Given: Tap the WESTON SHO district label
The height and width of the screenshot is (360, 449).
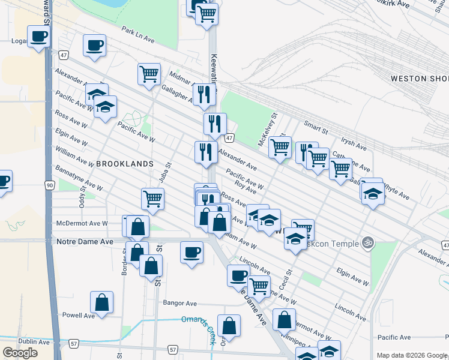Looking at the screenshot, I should (419, 79).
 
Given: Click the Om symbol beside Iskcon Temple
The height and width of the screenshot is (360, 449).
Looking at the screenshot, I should (368, 243).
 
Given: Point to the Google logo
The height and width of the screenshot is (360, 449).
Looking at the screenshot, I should (20, 353).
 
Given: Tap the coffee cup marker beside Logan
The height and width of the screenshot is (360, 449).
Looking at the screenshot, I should (38, 37).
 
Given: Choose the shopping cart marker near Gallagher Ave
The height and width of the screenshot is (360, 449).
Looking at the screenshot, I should (149, 74).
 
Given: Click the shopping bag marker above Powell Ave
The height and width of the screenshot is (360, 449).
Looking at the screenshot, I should (101, 302).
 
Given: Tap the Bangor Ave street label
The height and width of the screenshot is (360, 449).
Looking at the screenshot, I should (179, 303).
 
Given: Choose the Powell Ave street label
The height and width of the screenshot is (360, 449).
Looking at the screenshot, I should (79, 315).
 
